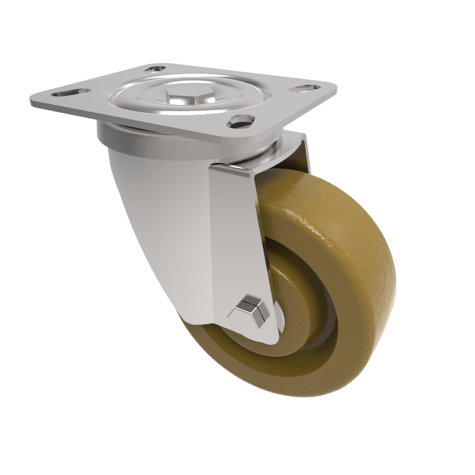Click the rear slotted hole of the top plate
(157, 69)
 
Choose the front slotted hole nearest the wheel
(239, 122)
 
